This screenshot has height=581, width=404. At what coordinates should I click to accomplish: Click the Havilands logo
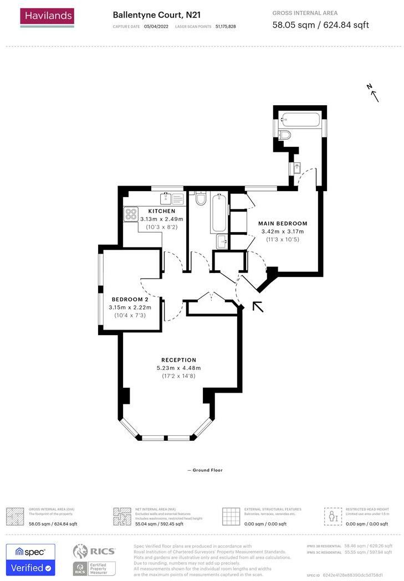[x=47, y=17]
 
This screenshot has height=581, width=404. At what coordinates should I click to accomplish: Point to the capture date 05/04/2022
[x=155, y=26]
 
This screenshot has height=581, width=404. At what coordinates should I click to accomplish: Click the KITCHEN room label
[x=161, y=211]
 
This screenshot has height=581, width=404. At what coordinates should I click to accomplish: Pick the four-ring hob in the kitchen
[x=131, y=214]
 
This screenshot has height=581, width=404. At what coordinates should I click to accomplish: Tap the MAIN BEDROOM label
[x=283, y=223]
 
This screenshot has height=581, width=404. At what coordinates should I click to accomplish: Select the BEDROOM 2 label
[x=130, y=299]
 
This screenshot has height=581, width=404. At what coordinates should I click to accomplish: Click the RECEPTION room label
[x=178, y=360]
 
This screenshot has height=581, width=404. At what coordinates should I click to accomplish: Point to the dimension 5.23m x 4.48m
[x=178, y=368]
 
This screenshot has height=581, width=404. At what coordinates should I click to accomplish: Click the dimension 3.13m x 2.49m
[x=161, y=219]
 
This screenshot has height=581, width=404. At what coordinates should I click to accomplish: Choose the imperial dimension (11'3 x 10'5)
[x=283, y=239]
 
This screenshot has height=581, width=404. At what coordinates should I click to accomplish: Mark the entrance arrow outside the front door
[x=258, y=306]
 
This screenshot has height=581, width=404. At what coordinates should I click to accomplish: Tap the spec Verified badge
[x=30, y=560]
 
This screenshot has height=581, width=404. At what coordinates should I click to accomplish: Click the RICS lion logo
[x=81, y=551]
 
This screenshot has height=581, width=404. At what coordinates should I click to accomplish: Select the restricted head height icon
[x=333, y=516]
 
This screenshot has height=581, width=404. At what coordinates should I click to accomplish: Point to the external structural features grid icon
[x=231, y=516]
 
